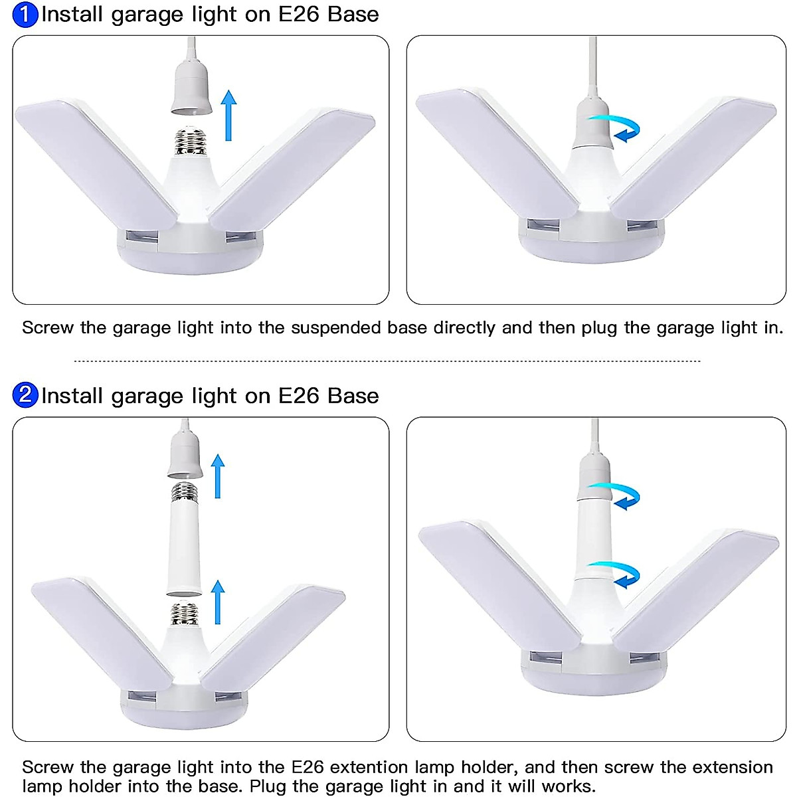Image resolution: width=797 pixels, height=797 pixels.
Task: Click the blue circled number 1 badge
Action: pos(25,15)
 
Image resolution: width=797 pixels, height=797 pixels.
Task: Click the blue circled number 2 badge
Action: pos(25,395)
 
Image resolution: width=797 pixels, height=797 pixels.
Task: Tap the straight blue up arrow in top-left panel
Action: pos(228,116)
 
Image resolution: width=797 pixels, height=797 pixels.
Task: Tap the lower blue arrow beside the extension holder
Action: pos(217,602)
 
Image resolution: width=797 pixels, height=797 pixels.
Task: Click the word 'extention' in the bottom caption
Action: pos(369,767)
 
